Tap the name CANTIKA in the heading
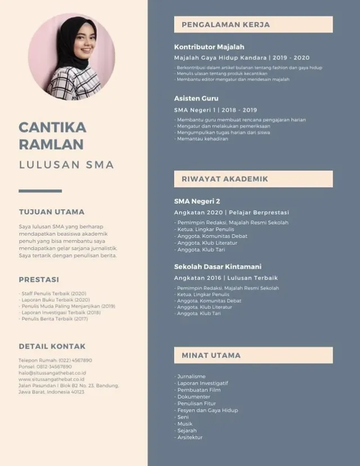(x=52, y=127)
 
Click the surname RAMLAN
(x=51, y=144)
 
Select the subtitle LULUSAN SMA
(x=66, y=165)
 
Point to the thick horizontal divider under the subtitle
(x=40, y=191)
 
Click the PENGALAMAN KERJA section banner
(x=253, y=25)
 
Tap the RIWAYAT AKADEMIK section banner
(x=253, y=179)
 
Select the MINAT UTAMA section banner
(x=253, y=355)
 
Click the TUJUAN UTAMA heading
(x=52, y=212)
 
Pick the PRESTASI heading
(x=39, y=279)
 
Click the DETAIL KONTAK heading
(x=52, y=346)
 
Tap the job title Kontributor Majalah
(x=209, y=47)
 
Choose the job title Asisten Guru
(x=196, y=98)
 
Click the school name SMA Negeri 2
(x=197, y=201)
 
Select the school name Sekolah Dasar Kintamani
(x=218, y=266)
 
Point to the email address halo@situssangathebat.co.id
(x=52, y=373)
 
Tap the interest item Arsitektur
(x=190, y=437)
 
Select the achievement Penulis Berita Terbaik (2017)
(x=55, y=319)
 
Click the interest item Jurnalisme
(x=191, y=377)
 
